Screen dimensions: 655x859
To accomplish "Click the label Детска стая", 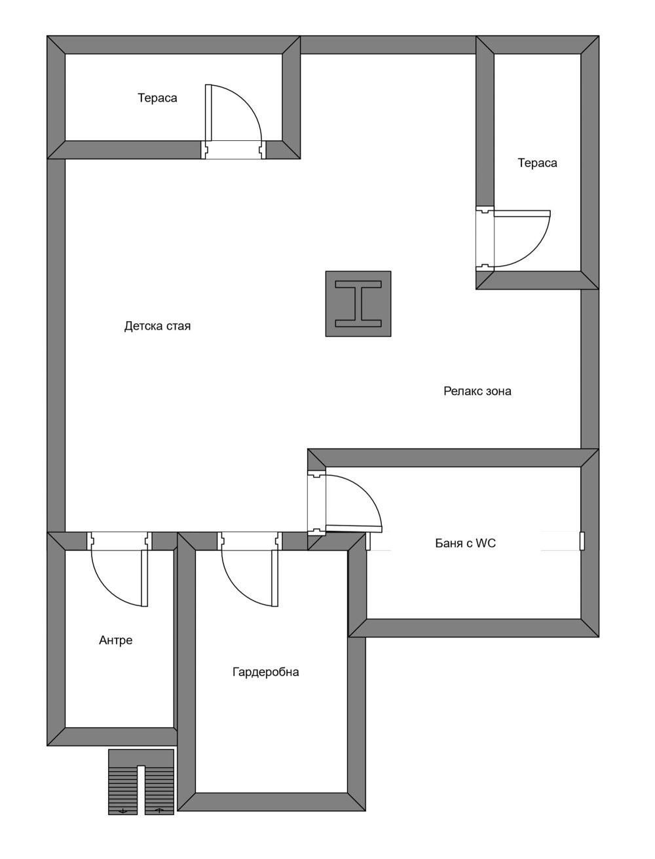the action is tap(157, 326).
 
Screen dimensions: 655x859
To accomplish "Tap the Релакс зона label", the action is tap(477, 391).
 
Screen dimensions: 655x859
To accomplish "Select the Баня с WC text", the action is tap(465, 543).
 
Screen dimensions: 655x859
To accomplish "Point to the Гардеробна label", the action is tap(265, 672).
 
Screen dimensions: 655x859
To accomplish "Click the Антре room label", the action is tap(116, 640).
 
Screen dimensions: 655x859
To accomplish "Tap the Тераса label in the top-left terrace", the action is tap(157, 98).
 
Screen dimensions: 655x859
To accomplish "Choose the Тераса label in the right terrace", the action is tap(537, 162).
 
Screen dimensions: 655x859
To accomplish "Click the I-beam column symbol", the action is tap(358, 303).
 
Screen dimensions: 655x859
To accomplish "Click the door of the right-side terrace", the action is tap(522, 239).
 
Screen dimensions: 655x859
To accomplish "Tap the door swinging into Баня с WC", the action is tap(354, 504).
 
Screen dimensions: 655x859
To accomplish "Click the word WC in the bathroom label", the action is tap(487, 543).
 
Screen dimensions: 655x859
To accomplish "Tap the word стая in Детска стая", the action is tap(179, 326).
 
